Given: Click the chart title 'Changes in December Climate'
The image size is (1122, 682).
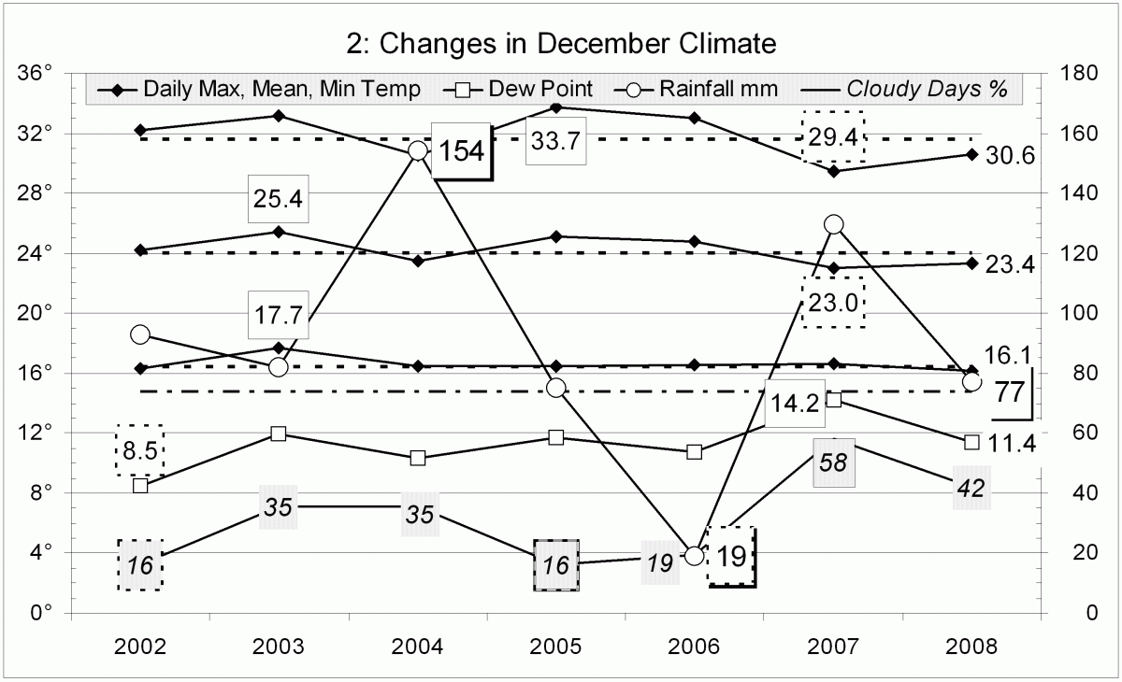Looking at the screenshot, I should [561, 43].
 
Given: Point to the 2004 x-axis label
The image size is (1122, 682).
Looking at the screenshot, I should [417, 646].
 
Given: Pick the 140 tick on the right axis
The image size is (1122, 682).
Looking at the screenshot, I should [1074, 193].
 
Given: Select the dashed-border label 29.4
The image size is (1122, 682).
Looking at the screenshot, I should [833, 136].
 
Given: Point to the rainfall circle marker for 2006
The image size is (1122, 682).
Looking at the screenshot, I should [694, 555].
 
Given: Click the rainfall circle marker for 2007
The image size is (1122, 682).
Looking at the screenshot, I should [834, 224].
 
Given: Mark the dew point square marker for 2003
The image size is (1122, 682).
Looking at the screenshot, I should [279, 433].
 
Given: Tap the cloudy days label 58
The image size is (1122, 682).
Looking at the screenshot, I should [833, 462].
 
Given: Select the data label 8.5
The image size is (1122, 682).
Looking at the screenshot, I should [139, 449].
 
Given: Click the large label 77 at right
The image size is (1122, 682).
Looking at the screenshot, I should [1009, 393].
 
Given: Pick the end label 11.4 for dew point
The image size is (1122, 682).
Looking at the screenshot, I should [1013, 443].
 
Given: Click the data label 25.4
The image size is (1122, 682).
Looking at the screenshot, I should [278, 198].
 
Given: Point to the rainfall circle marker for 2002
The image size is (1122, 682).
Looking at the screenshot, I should [140, 334].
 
